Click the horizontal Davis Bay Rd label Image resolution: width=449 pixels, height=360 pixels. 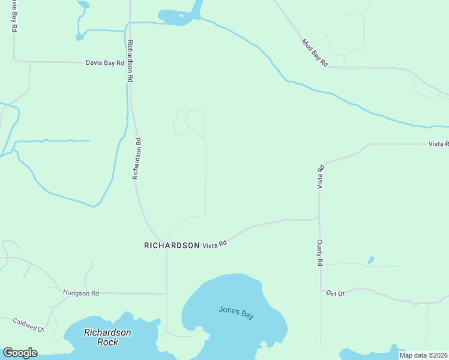pyautogui.click(x=104, y=62)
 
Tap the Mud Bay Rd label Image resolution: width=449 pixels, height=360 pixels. pyautogui.click(x=315, y=53)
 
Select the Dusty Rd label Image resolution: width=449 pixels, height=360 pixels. pyautogui.click(x=320, y=253)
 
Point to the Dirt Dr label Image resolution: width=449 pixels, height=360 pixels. pyautogui.click(x=335, y=293)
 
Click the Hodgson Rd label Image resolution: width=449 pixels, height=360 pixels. pyautogui.click(x=80, y=293)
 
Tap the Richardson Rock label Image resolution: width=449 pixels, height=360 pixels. pyautogui.click(x=107, y=337)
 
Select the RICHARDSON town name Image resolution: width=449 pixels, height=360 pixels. pyautogui.click(x=172, y=245)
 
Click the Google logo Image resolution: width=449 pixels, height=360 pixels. pyautogui.click(x=20, y=353)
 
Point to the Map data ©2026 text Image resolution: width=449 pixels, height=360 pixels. pyautogui.click(x=424, y=355)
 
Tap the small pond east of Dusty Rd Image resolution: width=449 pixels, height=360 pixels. pyautogui.click(x=371, y=260)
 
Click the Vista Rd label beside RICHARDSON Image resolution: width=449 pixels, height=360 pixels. pyautogui.click(x=214, y=245)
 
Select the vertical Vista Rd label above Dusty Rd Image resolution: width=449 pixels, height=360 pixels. pyautogui.click(x=321, y=177)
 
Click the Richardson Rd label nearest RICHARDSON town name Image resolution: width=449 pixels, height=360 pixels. pyautogui.click(x=137, y=159)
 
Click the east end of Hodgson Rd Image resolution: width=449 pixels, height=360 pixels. pyautogui.click(x=166, y=293)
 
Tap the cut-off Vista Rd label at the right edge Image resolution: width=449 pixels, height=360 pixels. pyautogui.click(x=438, y=144)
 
